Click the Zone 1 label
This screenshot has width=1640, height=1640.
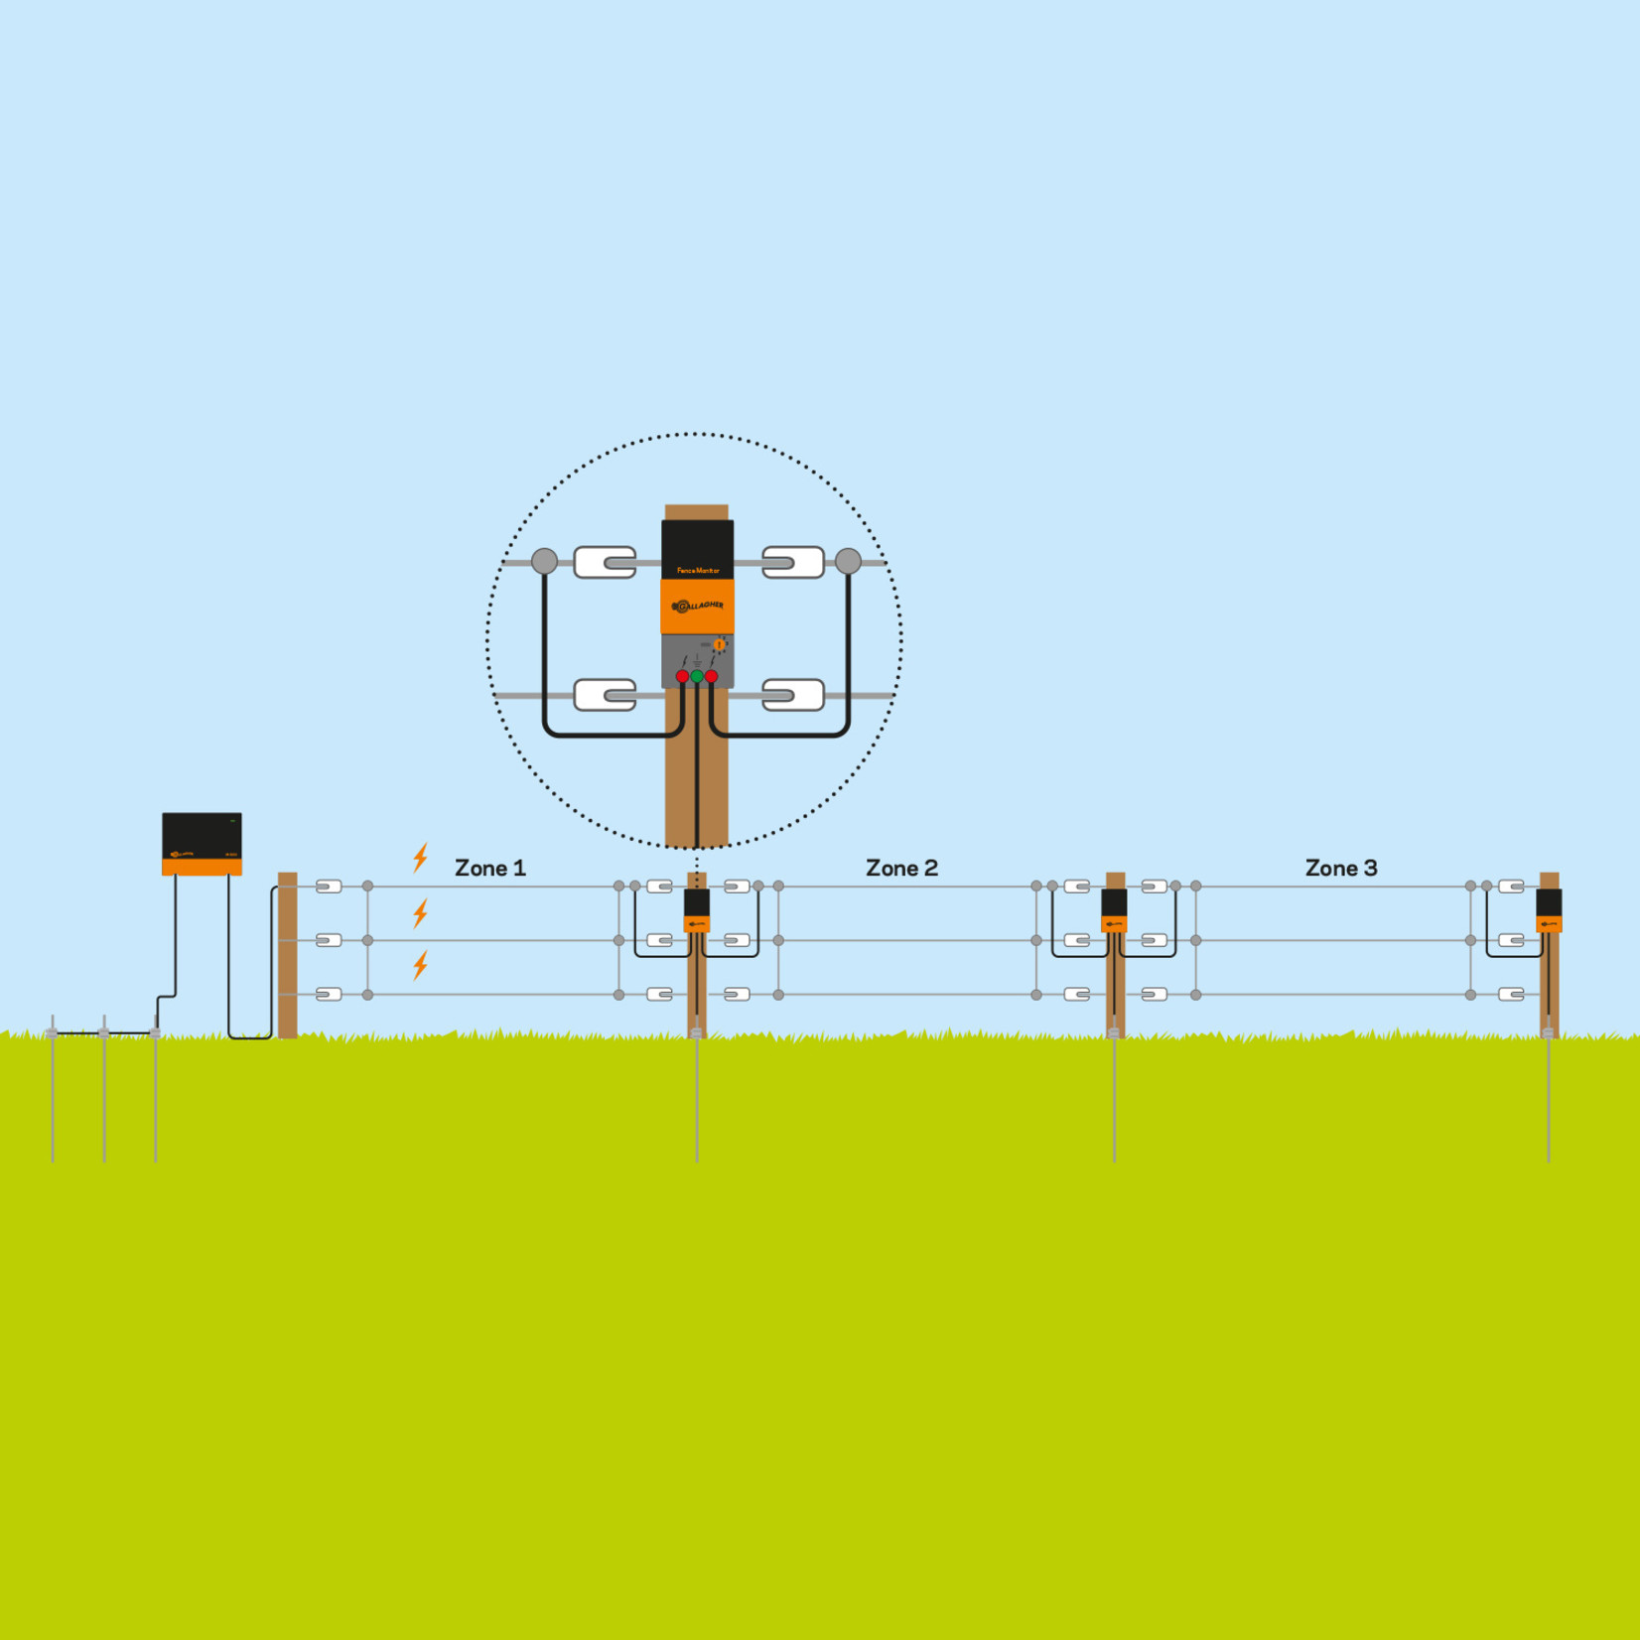[489, 868]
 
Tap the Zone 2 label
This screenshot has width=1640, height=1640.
[901, 868]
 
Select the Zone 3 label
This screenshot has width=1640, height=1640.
[1340, 868]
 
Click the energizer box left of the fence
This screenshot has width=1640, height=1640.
[202, 843]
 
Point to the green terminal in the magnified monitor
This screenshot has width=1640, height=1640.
[697, 676]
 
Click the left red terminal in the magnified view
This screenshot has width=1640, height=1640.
[682, 676]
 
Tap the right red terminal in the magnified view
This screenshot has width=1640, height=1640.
[712, 676]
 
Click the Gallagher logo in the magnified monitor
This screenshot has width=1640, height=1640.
[698, 606]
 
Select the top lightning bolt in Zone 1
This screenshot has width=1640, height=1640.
[421, 858]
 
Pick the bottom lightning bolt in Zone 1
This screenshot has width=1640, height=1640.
[421, 965]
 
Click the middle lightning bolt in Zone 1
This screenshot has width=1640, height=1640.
[421, 912]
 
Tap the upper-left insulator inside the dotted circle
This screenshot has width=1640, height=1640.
[605, 562]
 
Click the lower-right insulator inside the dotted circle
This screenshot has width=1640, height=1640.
[792, 695]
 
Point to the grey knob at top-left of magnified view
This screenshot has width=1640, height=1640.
[544, 561]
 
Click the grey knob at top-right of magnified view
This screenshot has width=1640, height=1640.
[848, 561]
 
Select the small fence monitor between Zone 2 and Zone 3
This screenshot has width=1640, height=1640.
[1114, 909]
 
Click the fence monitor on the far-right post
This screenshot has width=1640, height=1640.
[1549, 909]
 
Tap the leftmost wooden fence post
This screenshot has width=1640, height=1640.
[288, 954]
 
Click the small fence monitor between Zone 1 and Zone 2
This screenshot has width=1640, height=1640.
[697, 909]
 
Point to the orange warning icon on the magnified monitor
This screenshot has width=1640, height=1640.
[720, 644]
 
